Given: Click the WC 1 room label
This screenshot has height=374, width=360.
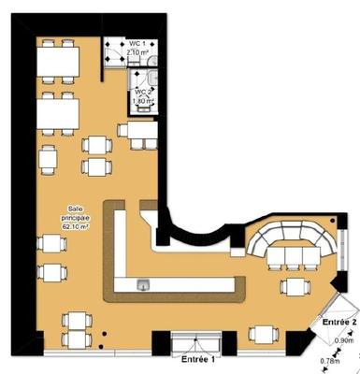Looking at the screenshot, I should tap(137, 44).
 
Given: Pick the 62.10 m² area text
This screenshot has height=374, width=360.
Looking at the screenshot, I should tap(74, 226).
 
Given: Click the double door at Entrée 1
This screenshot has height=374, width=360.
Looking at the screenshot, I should tap(199, 342).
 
